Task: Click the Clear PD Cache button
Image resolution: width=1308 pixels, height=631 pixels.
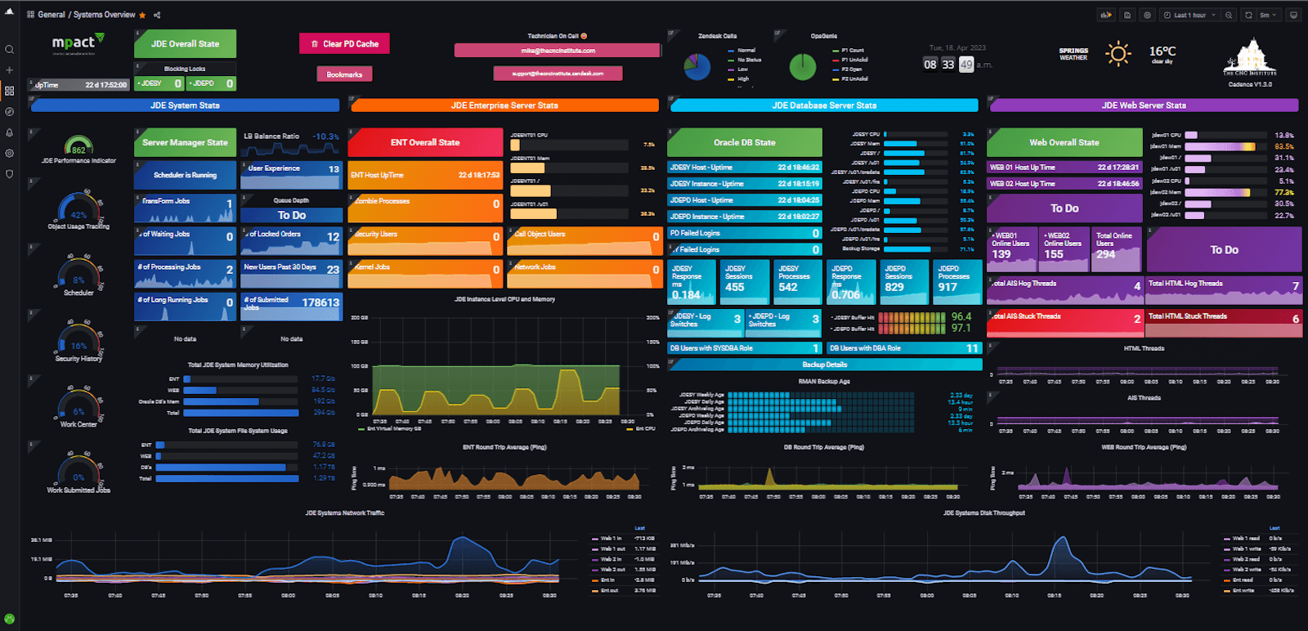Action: tap(344, 44)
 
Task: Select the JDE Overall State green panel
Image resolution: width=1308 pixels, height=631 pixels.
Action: tap(185, 44)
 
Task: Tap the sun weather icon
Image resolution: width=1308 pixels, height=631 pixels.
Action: tap(1118, 55)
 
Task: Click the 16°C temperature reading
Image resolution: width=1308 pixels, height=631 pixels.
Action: tap(1162, 51)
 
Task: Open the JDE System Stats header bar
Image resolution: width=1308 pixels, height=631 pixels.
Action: tap(185, 105)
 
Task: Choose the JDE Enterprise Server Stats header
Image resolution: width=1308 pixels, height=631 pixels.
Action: tap(504, 105)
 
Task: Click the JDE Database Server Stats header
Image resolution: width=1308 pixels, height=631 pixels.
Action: tap(824, 105)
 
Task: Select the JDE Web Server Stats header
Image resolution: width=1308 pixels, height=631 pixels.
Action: tap(1144, 105)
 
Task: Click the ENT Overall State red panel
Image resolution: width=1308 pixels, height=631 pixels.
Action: tap(425, 142)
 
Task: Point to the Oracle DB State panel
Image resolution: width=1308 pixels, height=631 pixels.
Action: tap(744, 142)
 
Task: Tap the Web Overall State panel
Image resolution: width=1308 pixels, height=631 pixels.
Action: tap(1064, 142)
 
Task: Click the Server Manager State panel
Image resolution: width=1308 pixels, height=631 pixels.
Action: tap(185, 142)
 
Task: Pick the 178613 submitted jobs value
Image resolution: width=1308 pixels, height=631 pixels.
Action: tap(320, 302)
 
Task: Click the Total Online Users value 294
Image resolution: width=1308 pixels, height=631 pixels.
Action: tap(1106, 255)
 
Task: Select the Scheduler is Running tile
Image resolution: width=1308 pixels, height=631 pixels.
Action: tap(185, 175)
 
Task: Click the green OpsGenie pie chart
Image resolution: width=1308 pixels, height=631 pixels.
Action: tap(803, 67)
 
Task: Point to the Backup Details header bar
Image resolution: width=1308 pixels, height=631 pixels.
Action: tap(824, 365)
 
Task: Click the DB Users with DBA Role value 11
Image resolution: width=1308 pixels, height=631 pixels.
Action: tap(972, 348)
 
